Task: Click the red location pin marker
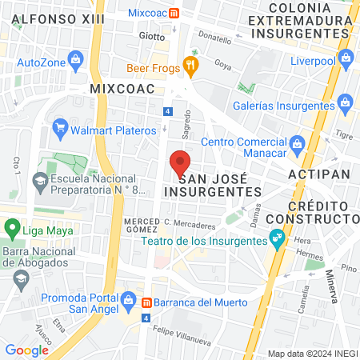(181, 163)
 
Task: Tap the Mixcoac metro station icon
(186, 14)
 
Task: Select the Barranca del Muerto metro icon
(146, 302)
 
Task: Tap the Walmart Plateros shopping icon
(58, 127)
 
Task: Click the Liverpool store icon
(346, 57)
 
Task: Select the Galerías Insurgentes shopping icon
(346, 102)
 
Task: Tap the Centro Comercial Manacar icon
(297, 143)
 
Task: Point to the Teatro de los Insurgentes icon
(278, 237)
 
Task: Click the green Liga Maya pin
(11, 227)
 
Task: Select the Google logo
(26, 350)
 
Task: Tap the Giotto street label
(151, 36)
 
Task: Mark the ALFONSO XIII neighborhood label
(48, 18)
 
